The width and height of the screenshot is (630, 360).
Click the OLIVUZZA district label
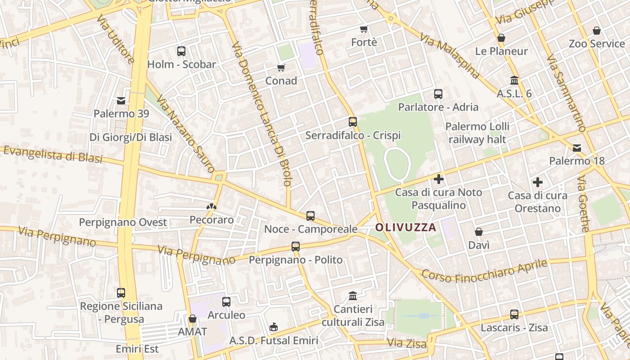point(406,227)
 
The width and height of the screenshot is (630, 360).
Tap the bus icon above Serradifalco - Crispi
point(353,121)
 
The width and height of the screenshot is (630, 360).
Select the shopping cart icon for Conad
point(281,67)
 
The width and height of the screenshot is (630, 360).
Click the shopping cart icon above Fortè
point(364,29)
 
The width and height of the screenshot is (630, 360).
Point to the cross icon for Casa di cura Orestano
point(537,182)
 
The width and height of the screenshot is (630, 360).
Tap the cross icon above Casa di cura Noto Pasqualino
point(439,179)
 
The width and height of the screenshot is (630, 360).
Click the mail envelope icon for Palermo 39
point(121,100)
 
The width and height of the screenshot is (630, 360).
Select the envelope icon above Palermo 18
point(577,148)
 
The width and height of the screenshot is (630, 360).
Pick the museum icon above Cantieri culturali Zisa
point(353,296)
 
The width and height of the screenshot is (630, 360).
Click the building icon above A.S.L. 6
point(514,81)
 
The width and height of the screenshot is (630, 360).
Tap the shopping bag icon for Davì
point(479,232)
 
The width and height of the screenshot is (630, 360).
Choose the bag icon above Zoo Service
point(597,31)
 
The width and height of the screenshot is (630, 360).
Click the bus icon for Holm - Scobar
point(181,51)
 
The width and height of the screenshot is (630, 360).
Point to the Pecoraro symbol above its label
point(210,207)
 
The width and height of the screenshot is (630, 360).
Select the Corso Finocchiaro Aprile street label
point(484,270)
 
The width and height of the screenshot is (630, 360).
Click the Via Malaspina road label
point(450,52)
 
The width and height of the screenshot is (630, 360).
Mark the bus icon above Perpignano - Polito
point(296,247)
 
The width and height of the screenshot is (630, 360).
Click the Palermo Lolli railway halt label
point(477,133)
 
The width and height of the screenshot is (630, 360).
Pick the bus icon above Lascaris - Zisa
point(514,314)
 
